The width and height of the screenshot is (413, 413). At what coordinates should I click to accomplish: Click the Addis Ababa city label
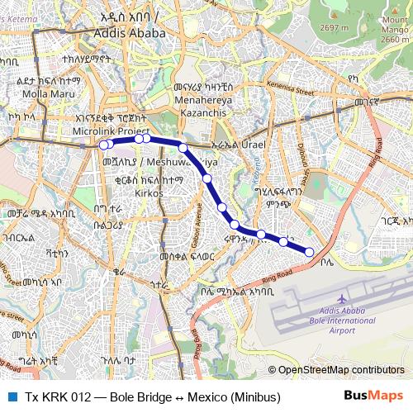click(131, 34)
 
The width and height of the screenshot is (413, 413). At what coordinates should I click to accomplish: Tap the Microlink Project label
click(110, 131)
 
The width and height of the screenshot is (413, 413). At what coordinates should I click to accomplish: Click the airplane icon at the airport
click(341, 298)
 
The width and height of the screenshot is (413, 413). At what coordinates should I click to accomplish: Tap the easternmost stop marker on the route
click(310, 252)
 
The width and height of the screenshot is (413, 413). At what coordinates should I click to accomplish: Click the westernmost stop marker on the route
click(104, 145)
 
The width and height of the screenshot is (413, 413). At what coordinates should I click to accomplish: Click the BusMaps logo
click(374, 396)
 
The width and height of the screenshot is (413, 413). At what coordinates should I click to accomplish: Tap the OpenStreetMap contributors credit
click(340, 369)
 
